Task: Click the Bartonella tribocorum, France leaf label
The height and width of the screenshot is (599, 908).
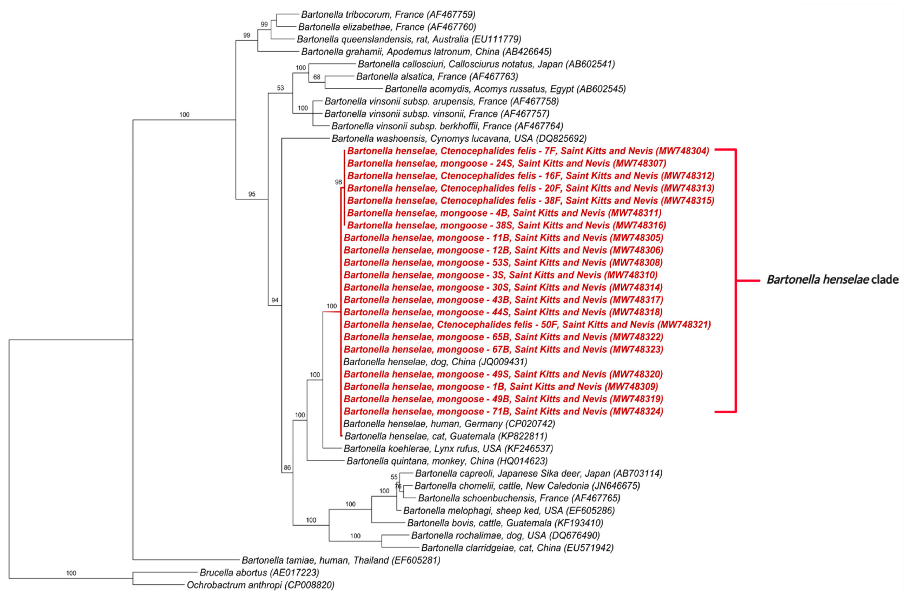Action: pos(388,14)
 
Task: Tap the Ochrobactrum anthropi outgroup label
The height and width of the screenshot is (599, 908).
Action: pos(260,585)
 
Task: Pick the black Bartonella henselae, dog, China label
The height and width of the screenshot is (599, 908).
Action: pos(435,361)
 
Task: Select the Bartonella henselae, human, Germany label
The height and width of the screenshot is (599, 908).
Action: pos(449,424)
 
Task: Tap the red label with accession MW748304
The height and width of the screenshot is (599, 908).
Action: pos(528,151)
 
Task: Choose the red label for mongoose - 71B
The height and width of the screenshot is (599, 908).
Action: pos(503,411)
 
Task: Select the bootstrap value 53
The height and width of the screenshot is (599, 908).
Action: pos(280,88)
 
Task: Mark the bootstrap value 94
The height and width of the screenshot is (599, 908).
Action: pos(274,300)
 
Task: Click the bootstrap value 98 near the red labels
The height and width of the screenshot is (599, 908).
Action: pos(338,182)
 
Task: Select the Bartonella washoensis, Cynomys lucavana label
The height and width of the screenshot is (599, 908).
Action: pos(459,138)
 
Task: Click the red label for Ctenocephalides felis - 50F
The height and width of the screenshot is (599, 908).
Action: pos(527,325)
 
